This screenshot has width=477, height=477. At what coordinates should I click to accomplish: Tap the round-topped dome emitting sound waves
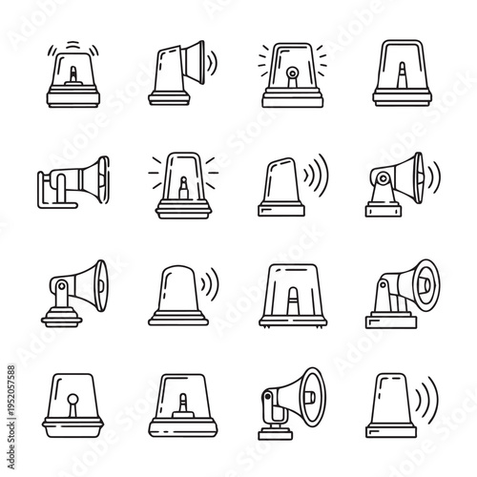[x=176, y=291]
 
